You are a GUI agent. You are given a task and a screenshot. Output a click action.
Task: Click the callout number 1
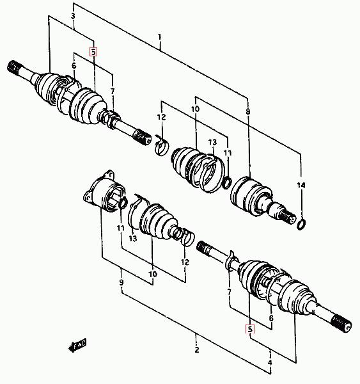point(160,37)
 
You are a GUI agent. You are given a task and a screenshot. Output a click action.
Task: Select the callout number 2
point(197,349)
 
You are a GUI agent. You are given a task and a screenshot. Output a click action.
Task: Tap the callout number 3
point(73,16)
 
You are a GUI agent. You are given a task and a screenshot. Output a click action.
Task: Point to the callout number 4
point(270,363)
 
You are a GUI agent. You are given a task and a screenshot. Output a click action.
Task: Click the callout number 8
point(248,112)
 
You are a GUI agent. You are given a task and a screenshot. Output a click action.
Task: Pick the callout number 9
point(121,283)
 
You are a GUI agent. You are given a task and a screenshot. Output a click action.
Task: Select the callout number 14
point(301,186)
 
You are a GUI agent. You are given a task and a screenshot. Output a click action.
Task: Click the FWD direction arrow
point(77,344)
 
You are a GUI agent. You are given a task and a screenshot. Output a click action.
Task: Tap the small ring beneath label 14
point(301,225)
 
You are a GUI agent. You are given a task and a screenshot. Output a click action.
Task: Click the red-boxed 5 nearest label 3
point(93,52)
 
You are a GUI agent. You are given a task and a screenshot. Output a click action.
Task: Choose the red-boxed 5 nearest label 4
point(250,330)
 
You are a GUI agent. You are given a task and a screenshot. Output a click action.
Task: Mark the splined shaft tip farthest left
point(13,67)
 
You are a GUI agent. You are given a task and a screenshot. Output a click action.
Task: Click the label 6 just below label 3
point(74,66)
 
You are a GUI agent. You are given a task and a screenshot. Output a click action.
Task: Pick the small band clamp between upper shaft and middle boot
point(162,147)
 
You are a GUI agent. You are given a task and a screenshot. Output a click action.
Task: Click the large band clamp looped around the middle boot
point(212,173)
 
